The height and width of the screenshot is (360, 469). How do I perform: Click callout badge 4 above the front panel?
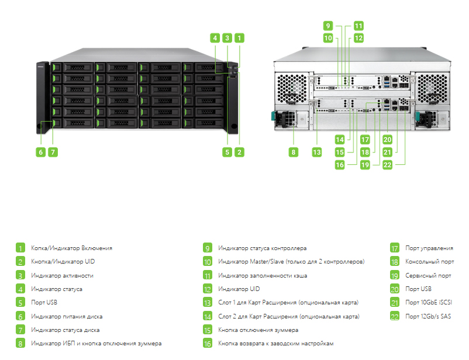(215, 38)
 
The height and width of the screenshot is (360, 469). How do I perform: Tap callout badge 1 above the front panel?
(239, 38)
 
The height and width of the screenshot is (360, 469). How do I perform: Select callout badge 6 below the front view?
(41, 152)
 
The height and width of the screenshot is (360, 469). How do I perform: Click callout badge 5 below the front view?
(227, 152)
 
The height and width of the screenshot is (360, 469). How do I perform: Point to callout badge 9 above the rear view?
(328, 26)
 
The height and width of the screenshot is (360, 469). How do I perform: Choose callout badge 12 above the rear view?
(358, 38)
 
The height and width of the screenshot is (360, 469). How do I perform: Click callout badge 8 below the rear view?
(294, 152)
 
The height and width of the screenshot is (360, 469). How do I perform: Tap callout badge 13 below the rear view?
(317, 152)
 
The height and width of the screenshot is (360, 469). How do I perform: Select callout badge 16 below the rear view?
(340, 165)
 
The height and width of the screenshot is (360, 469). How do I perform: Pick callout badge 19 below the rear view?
(365, 165)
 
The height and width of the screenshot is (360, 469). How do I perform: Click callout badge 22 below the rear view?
(387, 165)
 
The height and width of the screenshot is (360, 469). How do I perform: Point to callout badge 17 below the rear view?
(365, 140)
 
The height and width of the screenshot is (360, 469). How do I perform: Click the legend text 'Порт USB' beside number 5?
(44, 302)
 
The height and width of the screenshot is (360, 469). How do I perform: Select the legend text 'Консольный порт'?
(429, 262)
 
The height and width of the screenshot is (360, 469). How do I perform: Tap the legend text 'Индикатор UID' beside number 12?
(239, 289)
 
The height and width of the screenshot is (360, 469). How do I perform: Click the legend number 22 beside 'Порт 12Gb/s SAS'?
(395, 316)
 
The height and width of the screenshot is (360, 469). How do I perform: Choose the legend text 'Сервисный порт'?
(428, 275)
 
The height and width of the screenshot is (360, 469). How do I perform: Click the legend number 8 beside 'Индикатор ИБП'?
(20, 343)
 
